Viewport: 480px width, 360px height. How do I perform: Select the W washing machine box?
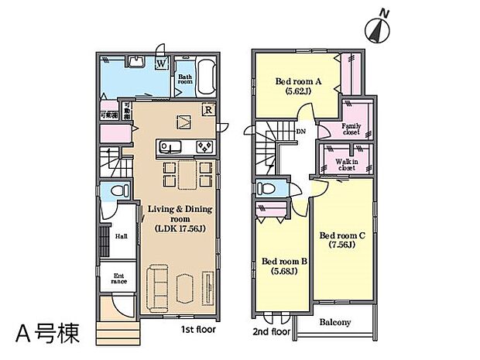tap(162, 63)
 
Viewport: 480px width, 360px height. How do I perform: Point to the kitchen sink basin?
tap(169, 146)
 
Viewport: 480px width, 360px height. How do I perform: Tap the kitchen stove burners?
tap(204, 146)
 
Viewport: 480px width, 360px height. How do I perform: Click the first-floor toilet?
tap(117, 190)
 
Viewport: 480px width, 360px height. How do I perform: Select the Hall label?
tap(122, 238)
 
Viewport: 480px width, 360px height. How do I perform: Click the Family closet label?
tap(352, 129)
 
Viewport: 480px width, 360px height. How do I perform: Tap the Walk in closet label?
tap(346, 164)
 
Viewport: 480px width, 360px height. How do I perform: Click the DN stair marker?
tap(300, 132)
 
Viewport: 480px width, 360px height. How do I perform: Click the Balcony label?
tap(335, 322)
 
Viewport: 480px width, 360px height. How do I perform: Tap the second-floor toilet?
tap(266, 188)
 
